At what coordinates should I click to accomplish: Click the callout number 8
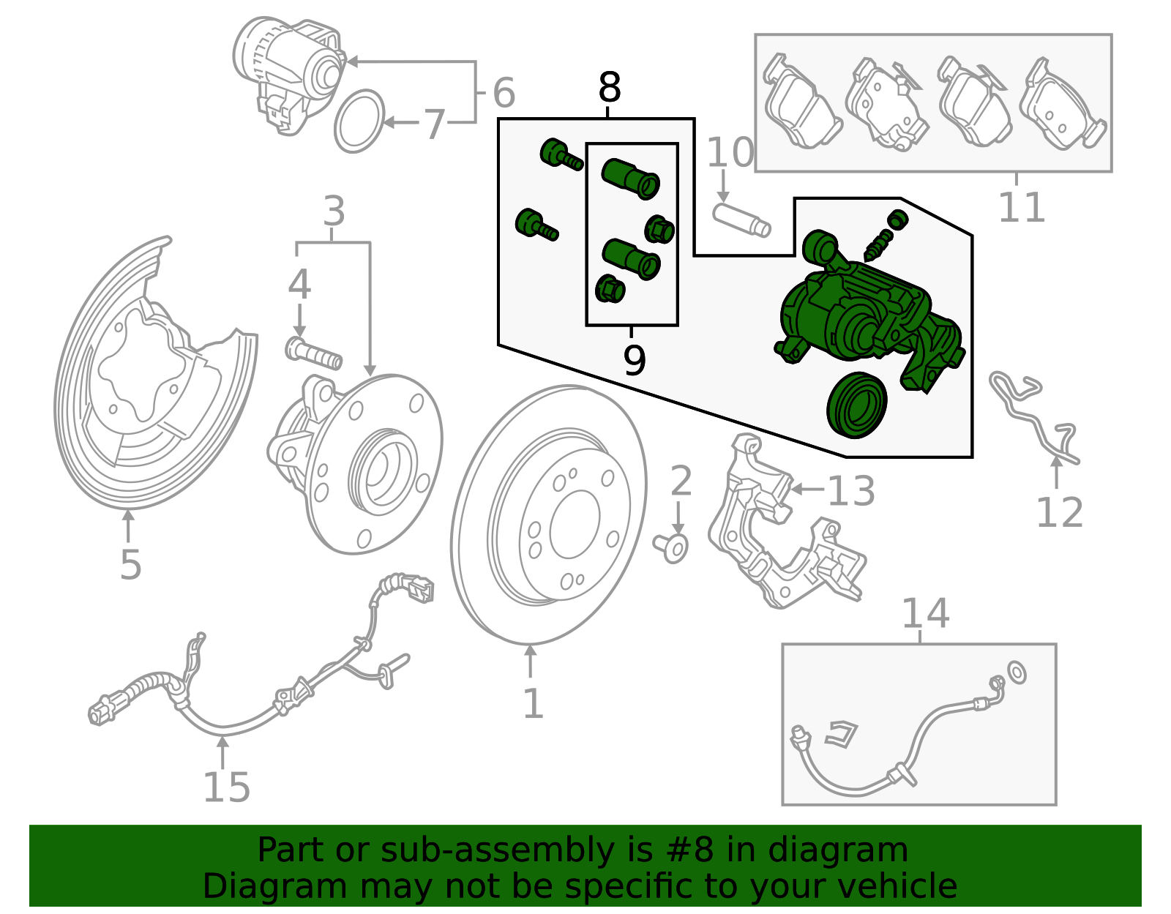(609, 89)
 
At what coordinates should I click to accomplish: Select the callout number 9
(634, 360)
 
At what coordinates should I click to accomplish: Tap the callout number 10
(730, 153)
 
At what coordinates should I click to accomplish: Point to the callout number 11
(1022, 208)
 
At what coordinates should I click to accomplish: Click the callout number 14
(925, 613)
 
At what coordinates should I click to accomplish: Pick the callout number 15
(226, 788)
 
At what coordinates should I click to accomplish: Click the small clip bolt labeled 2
(672, 547)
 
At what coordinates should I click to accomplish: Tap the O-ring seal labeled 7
(359, 121)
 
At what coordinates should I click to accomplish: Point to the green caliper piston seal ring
(857, 405)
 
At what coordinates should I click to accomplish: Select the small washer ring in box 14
(1017, 671)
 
